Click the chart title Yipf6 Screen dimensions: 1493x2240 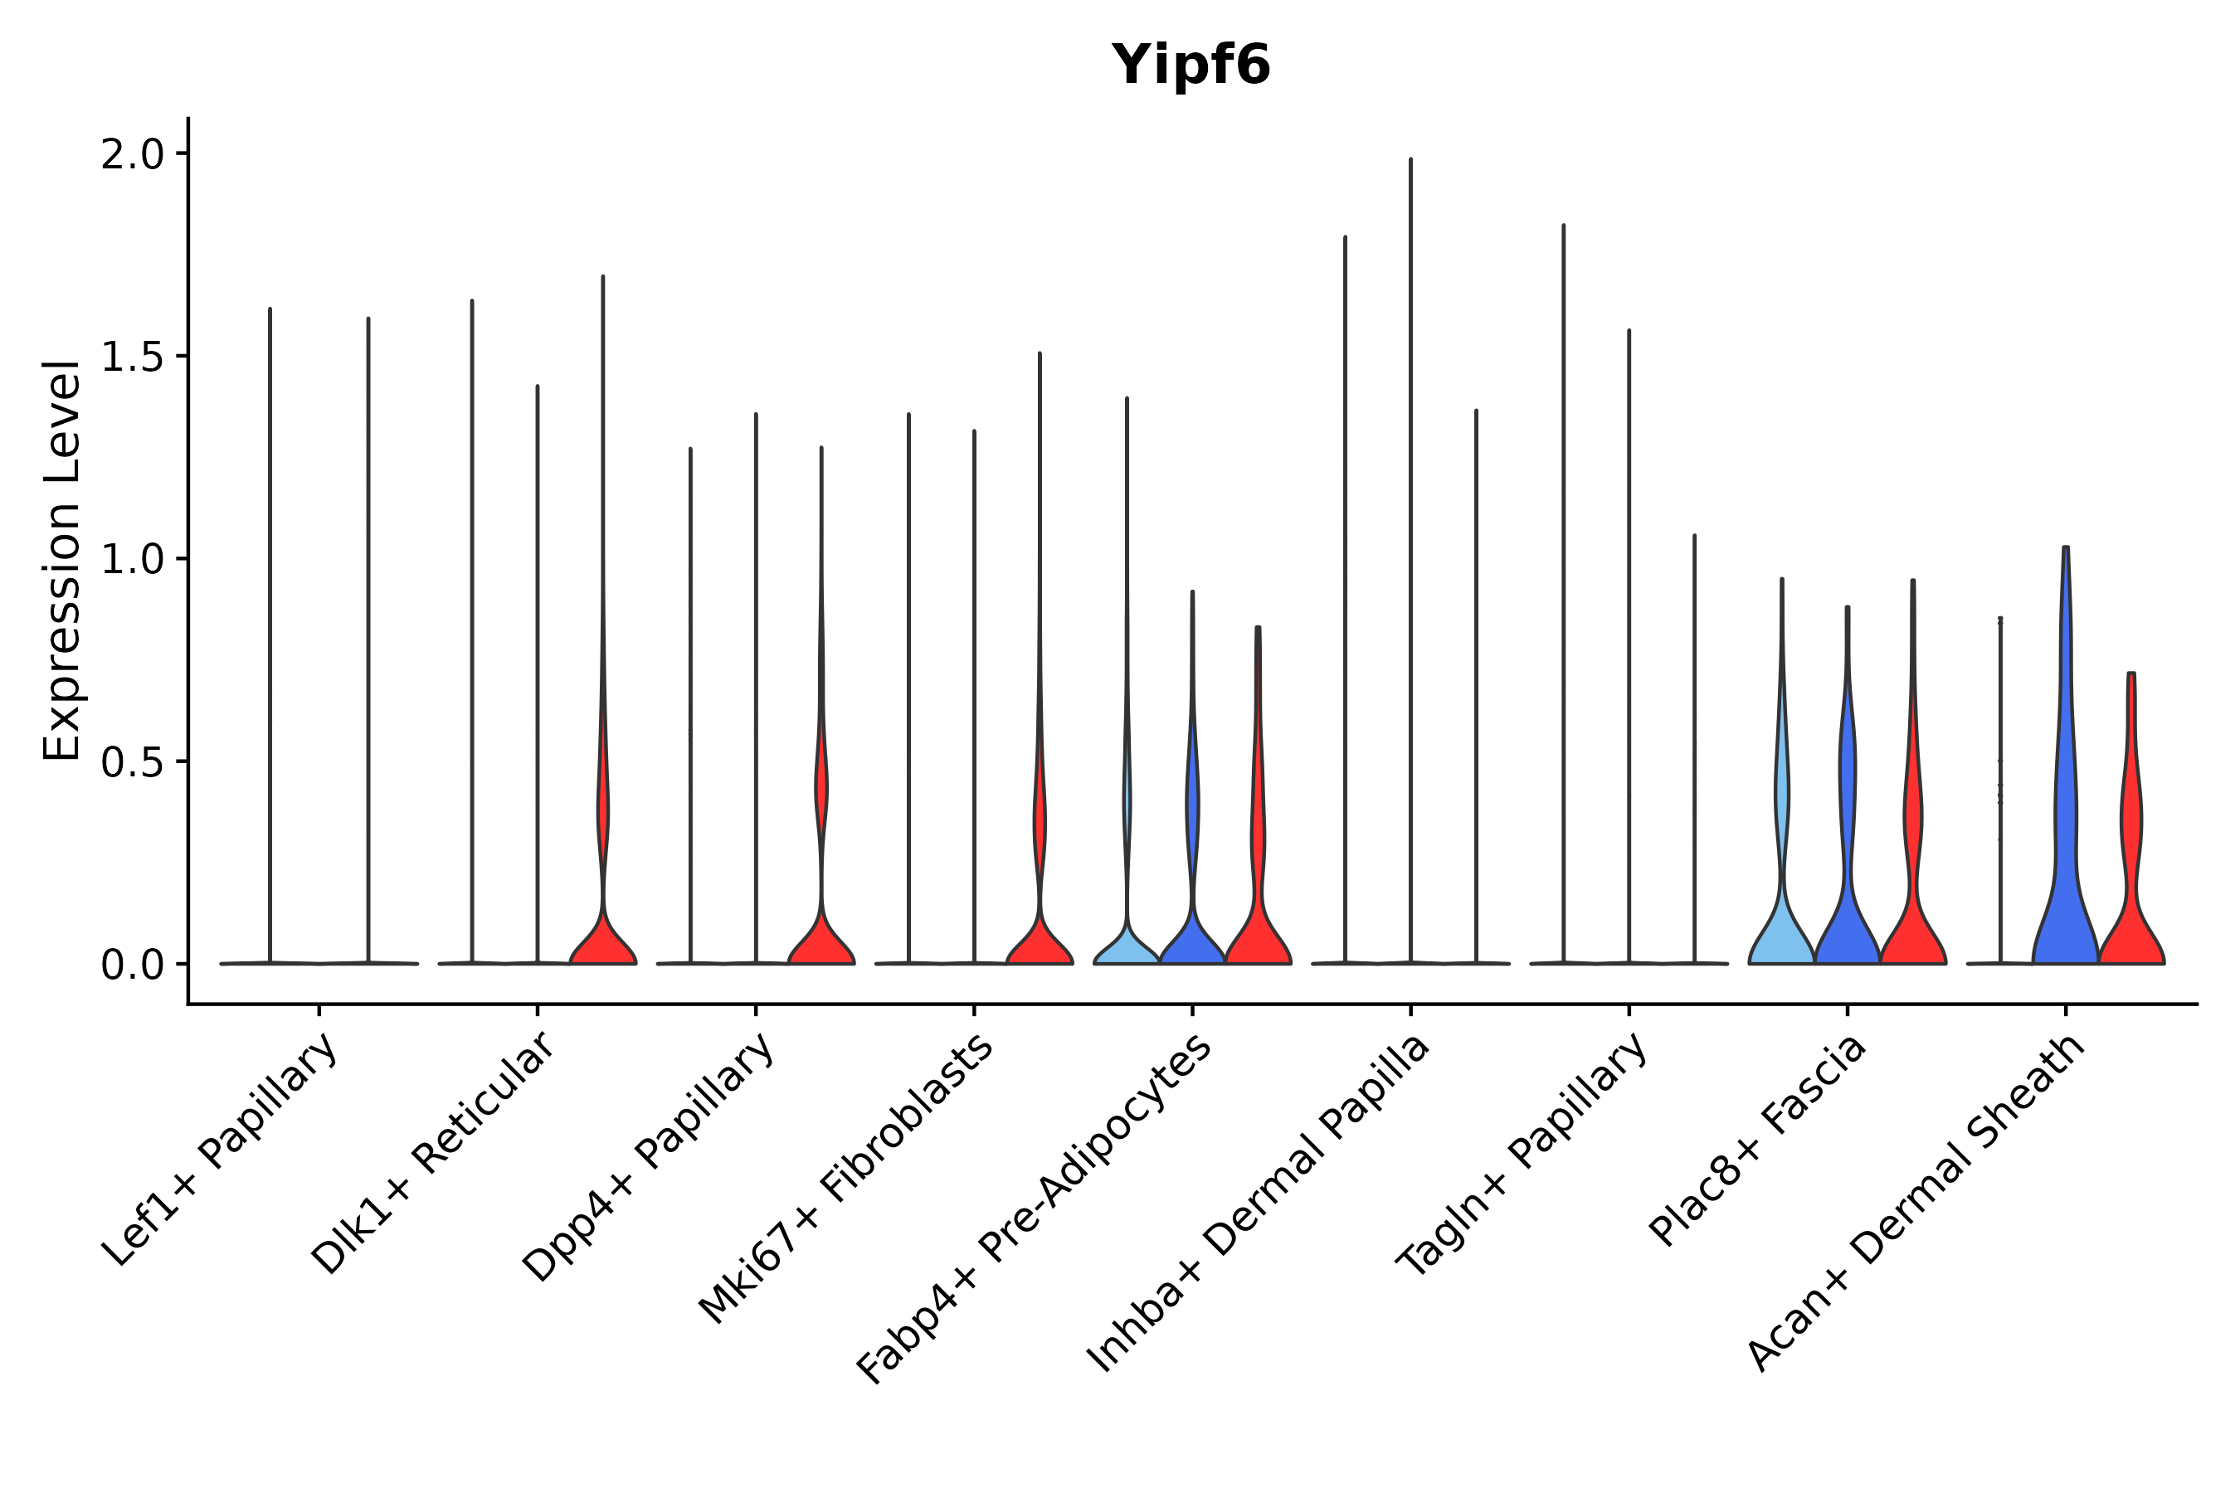[x=1191, y=65]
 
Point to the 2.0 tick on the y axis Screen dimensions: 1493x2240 [x=133, y=154]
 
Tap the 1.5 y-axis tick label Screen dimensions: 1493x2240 [x=133, y=357]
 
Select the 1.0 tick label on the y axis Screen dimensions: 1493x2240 [x=133, y=560]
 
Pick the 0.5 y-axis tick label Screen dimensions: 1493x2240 [x=133, y=761]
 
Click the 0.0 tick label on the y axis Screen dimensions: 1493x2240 [x=133, y=965]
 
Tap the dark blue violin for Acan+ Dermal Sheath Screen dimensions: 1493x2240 [x=2065, y=857]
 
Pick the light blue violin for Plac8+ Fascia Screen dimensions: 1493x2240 [x=1781, y=933]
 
